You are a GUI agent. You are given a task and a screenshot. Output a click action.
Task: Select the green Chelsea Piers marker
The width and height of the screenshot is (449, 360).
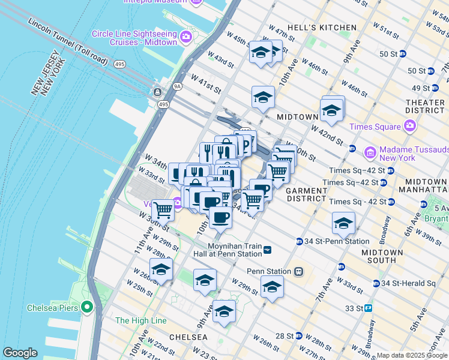pyautogui.click(x=87, y=308)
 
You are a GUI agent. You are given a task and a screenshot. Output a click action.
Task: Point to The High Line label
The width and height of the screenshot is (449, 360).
pyautogui.click(x=140, y=321)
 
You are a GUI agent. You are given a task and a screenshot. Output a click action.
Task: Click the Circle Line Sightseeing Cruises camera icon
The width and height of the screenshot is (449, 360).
pyautogui.click(x=185, y=37)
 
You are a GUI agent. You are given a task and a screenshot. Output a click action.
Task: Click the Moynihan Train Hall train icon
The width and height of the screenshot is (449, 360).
pyautogui.click(x=267, y=250)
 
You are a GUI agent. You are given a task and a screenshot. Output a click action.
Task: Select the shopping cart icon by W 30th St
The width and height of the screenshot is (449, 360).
pyautogui.click(x=163, y=210)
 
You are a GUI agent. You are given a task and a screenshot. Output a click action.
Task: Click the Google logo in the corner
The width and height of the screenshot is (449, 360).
pyautogui.click(x=20, y=353)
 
